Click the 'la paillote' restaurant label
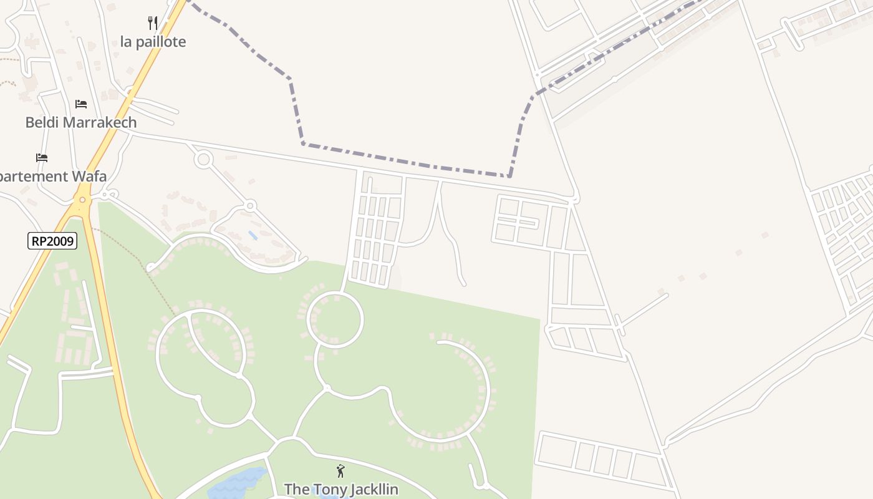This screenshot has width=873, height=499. (153, 42)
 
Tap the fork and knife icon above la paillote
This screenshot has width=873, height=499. (153, 23)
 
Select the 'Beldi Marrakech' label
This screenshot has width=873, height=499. (81, 122)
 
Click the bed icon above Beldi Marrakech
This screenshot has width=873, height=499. (81, 104)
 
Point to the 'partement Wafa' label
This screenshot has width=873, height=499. (52, 177)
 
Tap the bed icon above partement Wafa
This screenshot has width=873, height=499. (42, 158)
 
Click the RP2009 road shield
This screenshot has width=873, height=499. (52, 241)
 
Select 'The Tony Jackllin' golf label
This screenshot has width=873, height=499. (341, 489)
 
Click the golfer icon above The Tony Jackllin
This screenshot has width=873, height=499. (340, 471)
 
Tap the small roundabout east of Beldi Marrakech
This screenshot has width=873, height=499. (203, 159)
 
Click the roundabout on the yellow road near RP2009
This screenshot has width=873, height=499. (82, 200)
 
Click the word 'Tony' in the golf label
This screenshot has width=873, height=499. (324, 489)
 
